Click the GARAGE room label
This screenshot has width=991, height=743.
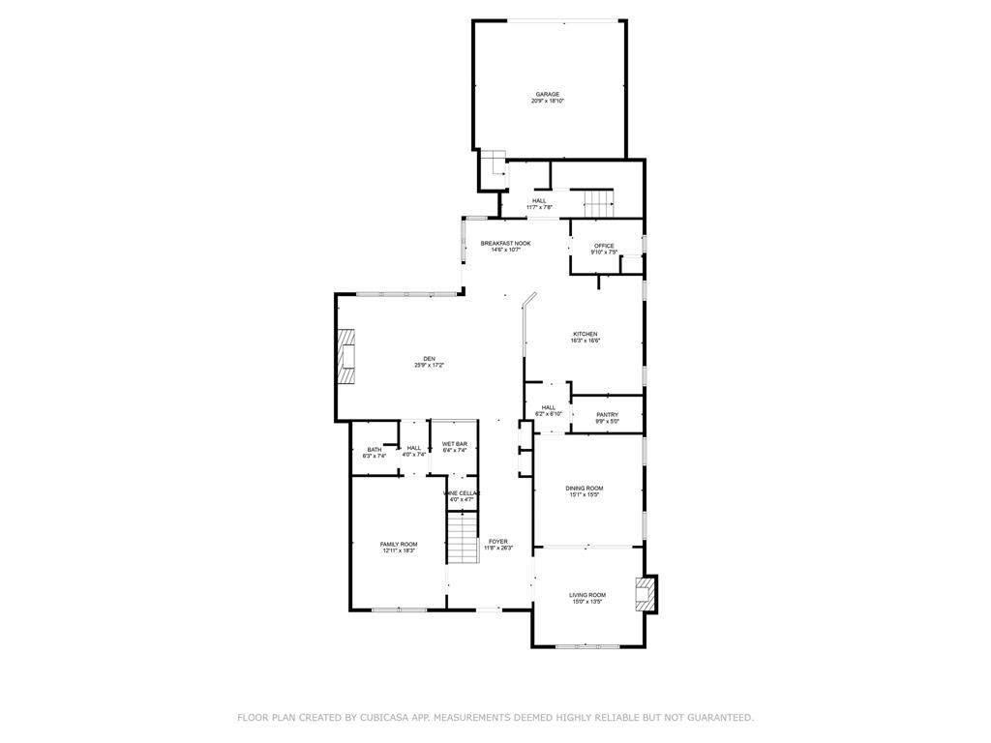[548, 94]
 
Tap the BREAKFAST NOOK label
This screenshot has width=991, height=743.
[505, 243]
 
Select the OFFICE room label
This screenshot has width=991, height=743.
[604, 246]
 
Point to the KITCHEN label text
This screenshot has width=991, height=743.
[585, 334]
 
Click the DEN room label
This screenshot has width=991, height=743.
[429, 358]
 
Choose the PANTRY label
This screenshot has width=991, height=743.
[607, 414]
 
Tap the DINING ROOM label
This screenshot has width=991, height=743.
[585, 488]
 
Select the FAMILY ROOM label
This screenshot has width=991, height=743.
[398, 544]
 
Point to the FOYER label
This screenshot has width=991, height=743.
[498, 541]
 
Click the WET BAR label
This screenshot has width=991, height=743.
[455, 443]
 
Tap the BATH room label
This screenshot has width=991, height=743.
[374, 449]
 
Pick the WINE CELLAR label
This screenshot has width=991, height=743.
[462, 493]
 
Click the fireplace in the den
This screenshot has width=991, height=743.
[345, 358]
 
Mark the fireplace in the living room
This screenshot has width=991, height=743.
[645, 594]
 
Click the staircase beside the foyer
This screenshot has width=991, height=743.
[463, 537]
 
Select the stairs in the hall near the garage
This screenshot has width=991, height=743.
[598, 204]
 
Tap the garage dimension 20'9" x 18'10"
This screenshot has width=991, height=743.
[548, 101]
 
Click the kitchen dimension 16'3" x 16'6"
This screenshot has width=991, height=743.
[585, 341]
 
